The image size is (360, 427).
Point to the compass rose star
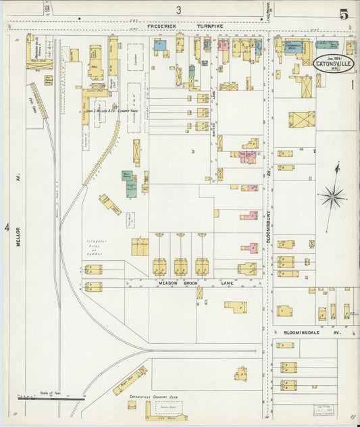(332, 197)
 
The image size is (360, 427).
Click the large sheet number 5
(344, 14)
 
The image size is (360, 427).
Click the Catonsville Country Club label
(153, 397)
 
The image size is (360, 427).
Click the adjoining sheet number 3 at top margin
(179, 9)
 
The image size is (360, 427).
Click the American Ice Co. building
(39, 51)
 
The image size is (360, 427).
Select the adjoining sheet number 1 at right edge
(353, 85)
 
